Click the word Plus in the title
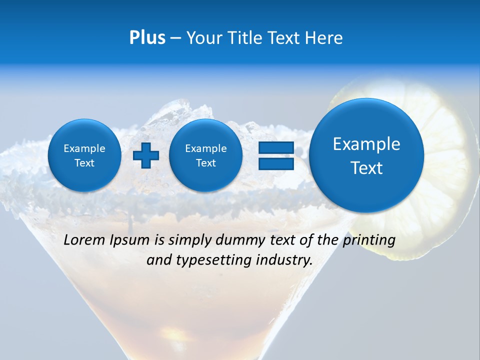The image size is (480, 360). [x=147, y=37]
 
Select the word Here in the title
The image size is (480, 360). [x=325, y=38]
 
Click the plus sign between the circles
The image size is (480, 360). [x=146, y=155]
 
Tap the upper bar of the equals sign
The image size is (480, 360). [x=276, y=147]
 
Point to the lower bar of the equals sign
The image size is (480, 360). [x=276, y=163]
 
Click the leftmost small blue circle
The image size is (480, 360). [x=84, y=155]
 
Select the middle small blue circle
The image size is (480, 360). [x=206, y=155]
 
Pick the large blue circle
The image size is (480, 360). [x=366, y=155]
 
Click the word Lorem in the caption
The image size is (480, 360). [x=84, y=240]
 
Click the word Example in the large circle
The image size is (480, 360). [x=366, y=144]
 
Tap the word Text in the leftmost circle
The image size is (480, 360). [x=84, y=163]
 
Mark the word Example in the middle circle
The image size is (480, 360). [x=206, y=148]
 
